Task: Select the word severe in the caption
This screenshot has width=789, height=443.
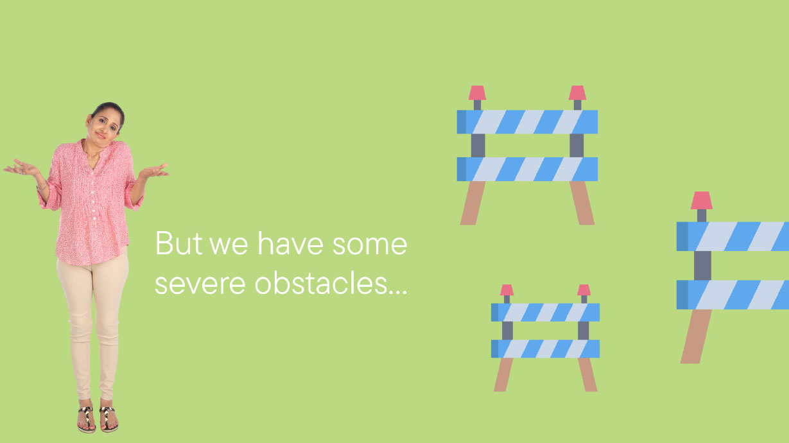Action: point(200,284)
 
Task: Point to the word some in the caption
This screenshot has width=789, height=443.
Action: point(370,245)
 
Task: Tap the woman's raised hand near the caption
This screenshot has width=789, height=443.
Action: point(153,171)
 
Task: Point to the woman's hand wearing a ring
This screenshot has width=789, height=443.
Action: point(21,168)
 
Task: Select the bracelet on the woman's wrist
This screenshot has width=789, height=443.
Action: point(42,187)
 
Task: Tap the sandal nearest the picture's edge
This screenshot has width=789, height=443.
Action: point(86,419)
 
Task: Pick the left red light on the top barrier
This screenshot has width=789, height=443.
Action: point(477,92)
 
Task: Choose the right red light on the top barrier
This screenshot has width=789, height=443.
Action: point(577,92)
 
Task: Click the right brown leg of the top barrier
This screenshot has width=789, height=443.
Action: point(582,203)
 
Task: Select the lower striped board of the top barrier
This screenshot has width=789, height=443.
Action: point(527,169)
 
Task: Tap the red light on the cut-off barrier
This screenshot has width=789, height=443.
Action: point(702,200)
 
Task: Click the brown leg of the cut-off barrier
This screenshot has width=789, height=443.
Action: point(696,336)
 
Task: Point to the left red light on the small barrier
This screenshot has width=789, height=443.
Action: point(507,290)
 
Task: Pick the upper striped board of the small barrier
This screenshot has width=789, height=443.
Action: point(545,313)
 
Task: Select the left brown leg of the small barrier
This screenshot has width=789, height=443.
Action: point(503,375)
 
